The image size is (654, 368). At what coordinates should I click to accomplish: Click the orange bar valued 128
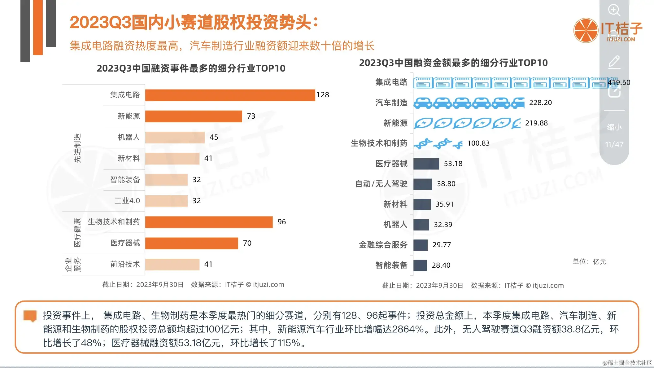click(230, 95)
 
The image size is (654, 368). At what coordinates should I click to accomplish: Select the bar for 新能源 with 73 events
click(194, 116)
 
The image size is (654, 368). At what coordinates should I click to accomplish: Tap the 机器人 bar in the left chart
click(175, 137)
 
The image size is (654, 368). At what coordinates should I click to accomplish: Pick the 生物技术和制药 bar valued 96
click(209, 222)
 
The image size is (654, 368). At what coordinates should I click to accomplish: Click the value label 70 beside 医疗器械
click(247, 243)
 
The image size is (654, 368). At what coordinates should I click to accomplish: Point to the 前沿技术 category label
click(125, 264)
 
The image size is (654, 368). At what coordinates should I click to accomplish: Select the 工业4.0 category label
click(127, 201)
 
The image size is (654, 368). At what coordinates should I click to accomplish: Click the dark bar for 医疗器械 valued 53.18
click(426, 164)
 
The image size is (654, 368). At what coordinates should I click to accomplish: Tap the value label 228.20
click(540, 103)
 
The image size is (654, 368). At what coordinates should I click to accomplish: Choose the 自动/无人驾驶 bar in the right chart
click(423, 184)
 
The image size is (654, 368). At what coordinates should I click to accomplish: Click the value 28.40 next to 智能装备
click(441, 265)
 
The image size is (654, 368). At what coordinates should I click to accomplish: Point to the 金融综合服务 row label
click(383, 245)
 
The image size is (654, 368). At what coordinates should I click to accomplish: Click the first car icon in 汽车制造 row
click(423, 103)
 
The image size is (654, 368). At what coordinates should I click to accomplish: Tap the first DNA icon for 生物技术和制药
click(423, 143)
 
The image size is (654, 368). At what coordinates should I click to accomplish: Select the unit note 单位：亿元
click(589, 262)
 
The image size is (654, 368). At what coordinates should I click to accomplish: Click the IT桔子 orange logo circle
click(585, 30)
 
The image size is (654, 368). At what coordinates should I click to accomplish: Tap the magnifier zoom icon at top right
click(614, 10)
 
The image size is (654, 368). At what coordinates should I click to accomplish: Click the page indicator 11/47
click(614, 145)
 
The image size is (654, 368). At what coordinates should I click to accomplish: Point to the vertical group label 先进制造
click(77, 148)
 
